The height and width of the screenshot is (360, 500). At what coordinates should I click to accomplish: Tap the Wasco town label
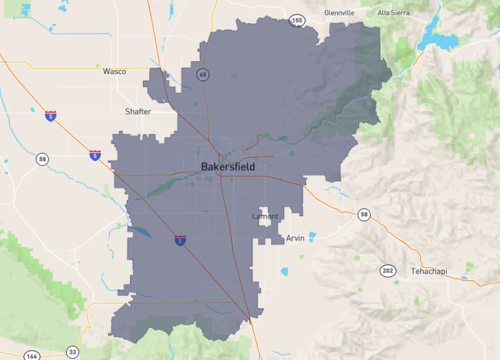115,72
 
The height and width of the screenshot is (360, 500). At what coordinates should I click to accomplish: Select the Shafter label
138,111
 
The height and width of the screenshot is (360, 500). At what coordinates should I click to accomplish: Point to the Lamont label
265,216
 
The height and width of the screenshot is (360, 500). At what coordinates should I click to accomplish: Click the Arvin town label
295,238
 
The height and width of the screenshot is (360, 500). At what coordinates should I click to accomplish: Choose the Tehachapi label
432,271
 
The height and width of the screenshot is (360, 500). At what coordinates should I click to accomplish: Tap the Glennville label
340,13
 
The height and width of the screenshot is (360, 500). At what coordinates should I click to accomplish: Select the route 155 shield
296,19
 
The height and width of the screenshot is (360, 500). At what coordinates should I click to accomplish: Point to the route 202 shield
387,271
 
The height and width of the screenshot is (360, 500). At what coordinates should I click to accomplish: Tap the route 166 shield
32,354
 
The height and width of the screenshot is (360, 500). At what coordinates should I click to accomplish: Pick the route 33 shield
72,352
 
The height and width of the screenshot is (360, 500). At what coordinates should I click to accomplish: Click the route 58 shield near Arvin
364,214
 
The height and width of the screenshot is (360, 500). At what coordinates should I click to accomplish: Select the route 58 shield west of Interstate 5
41,159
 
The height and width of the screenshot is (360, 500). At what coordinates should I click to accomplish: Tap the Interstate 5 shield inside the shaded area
180,240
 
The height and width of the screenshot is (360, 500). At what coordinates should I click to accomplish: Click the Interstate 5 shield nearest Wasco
50,116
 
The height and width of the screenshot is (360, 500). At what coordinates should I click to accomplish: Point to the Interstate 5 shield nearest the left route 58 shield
94,155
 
